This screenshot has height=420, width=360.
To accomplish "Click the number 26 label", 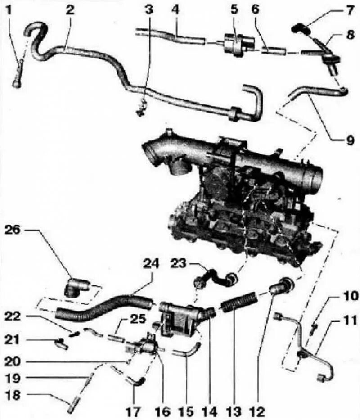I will (13, 230).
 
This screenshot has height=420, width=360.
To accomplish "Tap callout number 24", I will (152, 265).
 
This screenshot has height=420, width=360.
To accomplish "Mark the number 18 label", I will (13, 395).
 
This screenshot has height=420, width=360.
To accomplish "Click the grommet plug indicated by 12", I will (282, 286).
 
